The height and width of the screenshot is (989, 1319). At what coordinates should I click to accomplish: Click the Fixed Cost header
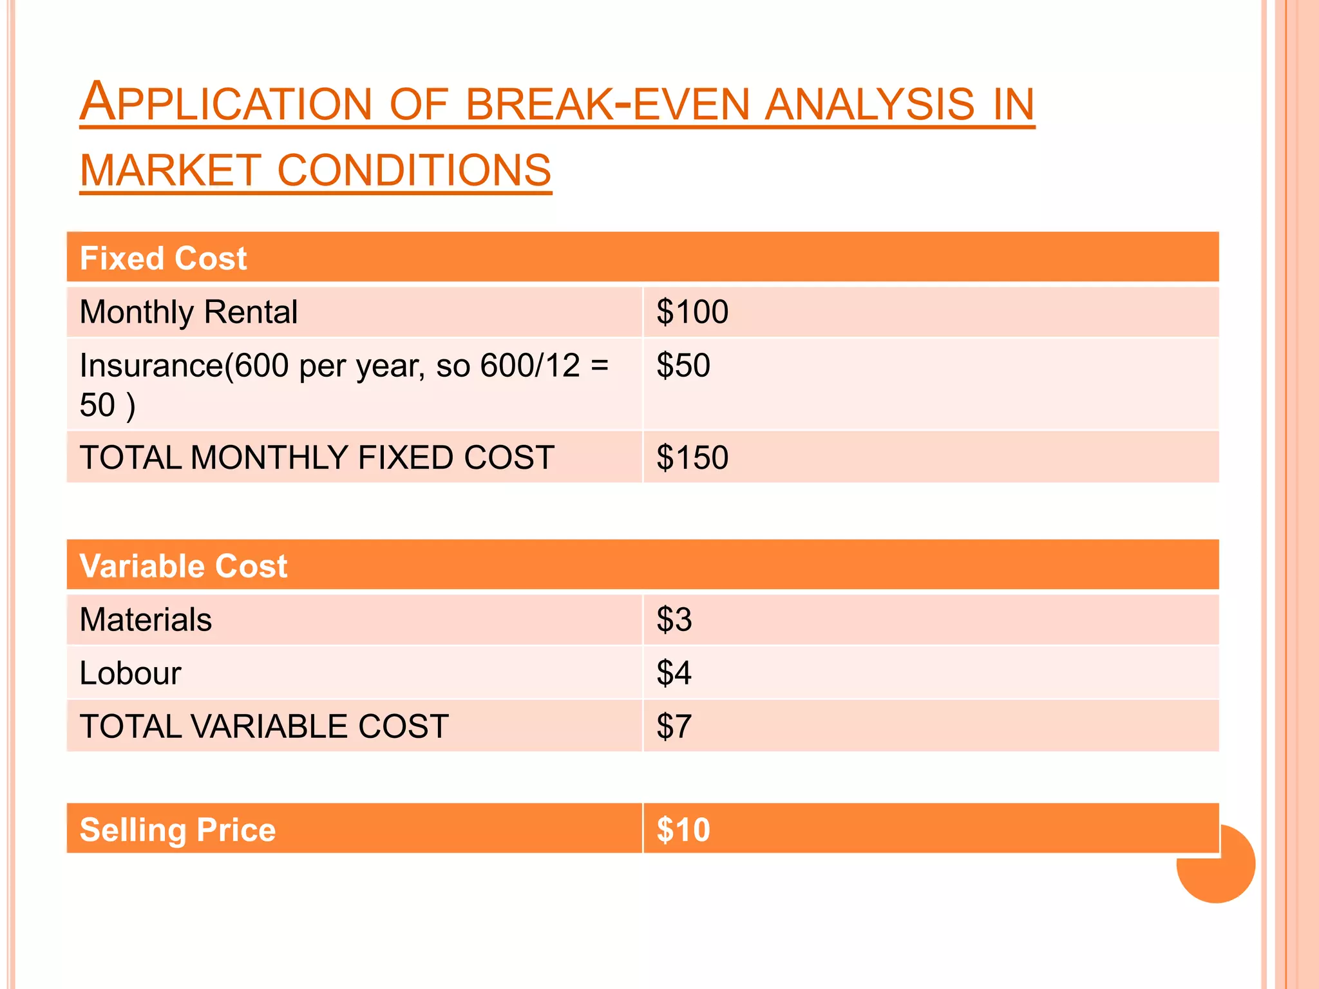pyautogui.click(x=163, y=259)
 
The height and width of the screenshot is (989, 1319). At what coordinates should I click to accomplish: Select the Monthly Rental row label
pyautogui.click(x=188, y=312)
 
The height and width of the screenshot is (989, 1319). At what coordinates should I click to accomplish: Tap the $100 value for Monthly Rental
pyautogui.click(x=692, y=312)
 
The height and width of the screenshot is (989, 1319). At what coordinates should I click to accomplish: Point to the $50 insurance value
pyautogui.click(x=683, y=366)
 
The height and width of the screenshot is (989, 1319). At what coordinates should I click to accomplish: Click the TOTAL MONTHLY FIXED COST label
pyautogui.click(x=317, y=458)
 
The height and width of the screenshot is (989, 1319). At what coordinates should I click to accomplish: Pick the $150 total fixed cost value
pyautogui.click(x=692, y=458)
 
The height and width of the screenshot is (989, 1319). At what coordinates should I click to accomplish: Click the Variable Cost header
pyautogui.click(x=184, y=567)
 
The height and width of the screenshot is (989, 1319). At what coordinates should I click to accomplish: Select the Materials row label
pyautogui.click(x=146, y=620)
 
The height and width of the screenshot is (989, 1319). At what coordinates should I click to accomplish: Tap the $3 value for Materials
pyautogui.click(x=674, y=620)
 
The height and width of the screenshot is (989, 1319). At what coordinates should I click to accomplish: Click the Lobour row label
pyautogui.click(x=130, y=673)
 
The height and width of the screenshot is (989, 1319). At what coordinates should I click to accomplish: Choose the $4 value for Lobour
pyautogui.click(x=674, y=673)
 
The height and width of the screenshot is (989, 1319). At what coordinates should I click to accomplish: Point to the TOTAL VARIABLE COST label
pyautogui.click(x=264, y=727)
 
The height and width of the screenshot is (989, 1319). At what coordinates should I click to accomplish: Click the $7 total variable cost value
pyautogui.click(x=674, y=727)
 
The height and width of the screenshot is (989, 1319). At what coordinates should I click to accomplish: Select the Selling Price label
pyautogui.click(x=178, y=830)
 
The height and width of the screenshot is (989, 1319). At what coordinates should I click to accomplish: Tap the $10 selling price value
pyautogui.click(x=683, y=830)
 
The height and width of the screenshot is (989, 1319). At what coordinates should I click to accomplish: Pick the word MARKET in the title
pyautogui.click(x=171, y=171)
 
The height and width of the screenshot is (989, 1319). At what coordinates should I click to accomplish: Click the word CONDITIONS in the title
pyautogui.click(x=414, y=171)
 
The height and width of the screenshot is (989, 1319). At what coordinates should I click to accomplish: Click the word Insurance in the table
pyautogui.click(x=151, y=366)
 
